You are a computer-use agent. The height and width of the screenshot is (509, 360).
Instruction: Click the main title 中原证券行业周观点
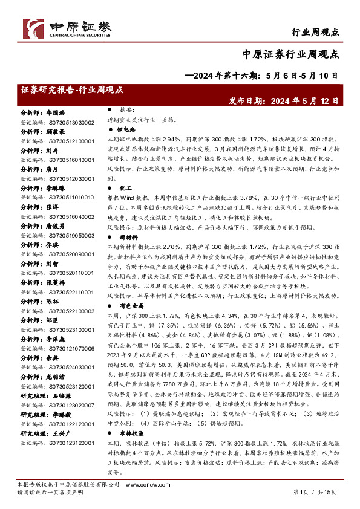point(293,53)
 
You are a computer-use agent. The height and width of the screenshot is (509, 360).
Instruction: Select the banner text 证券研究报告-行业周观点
point(71,89)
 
